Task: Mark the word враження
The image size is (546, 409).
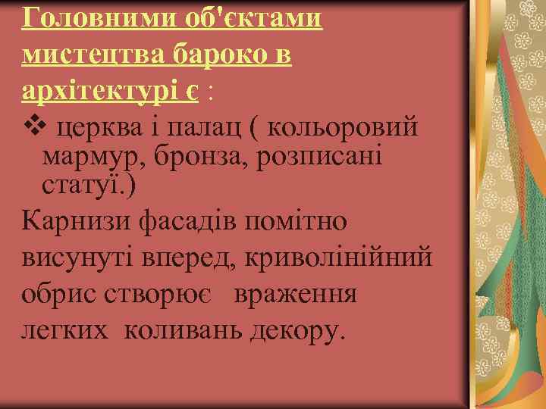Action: pos(294,294)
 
